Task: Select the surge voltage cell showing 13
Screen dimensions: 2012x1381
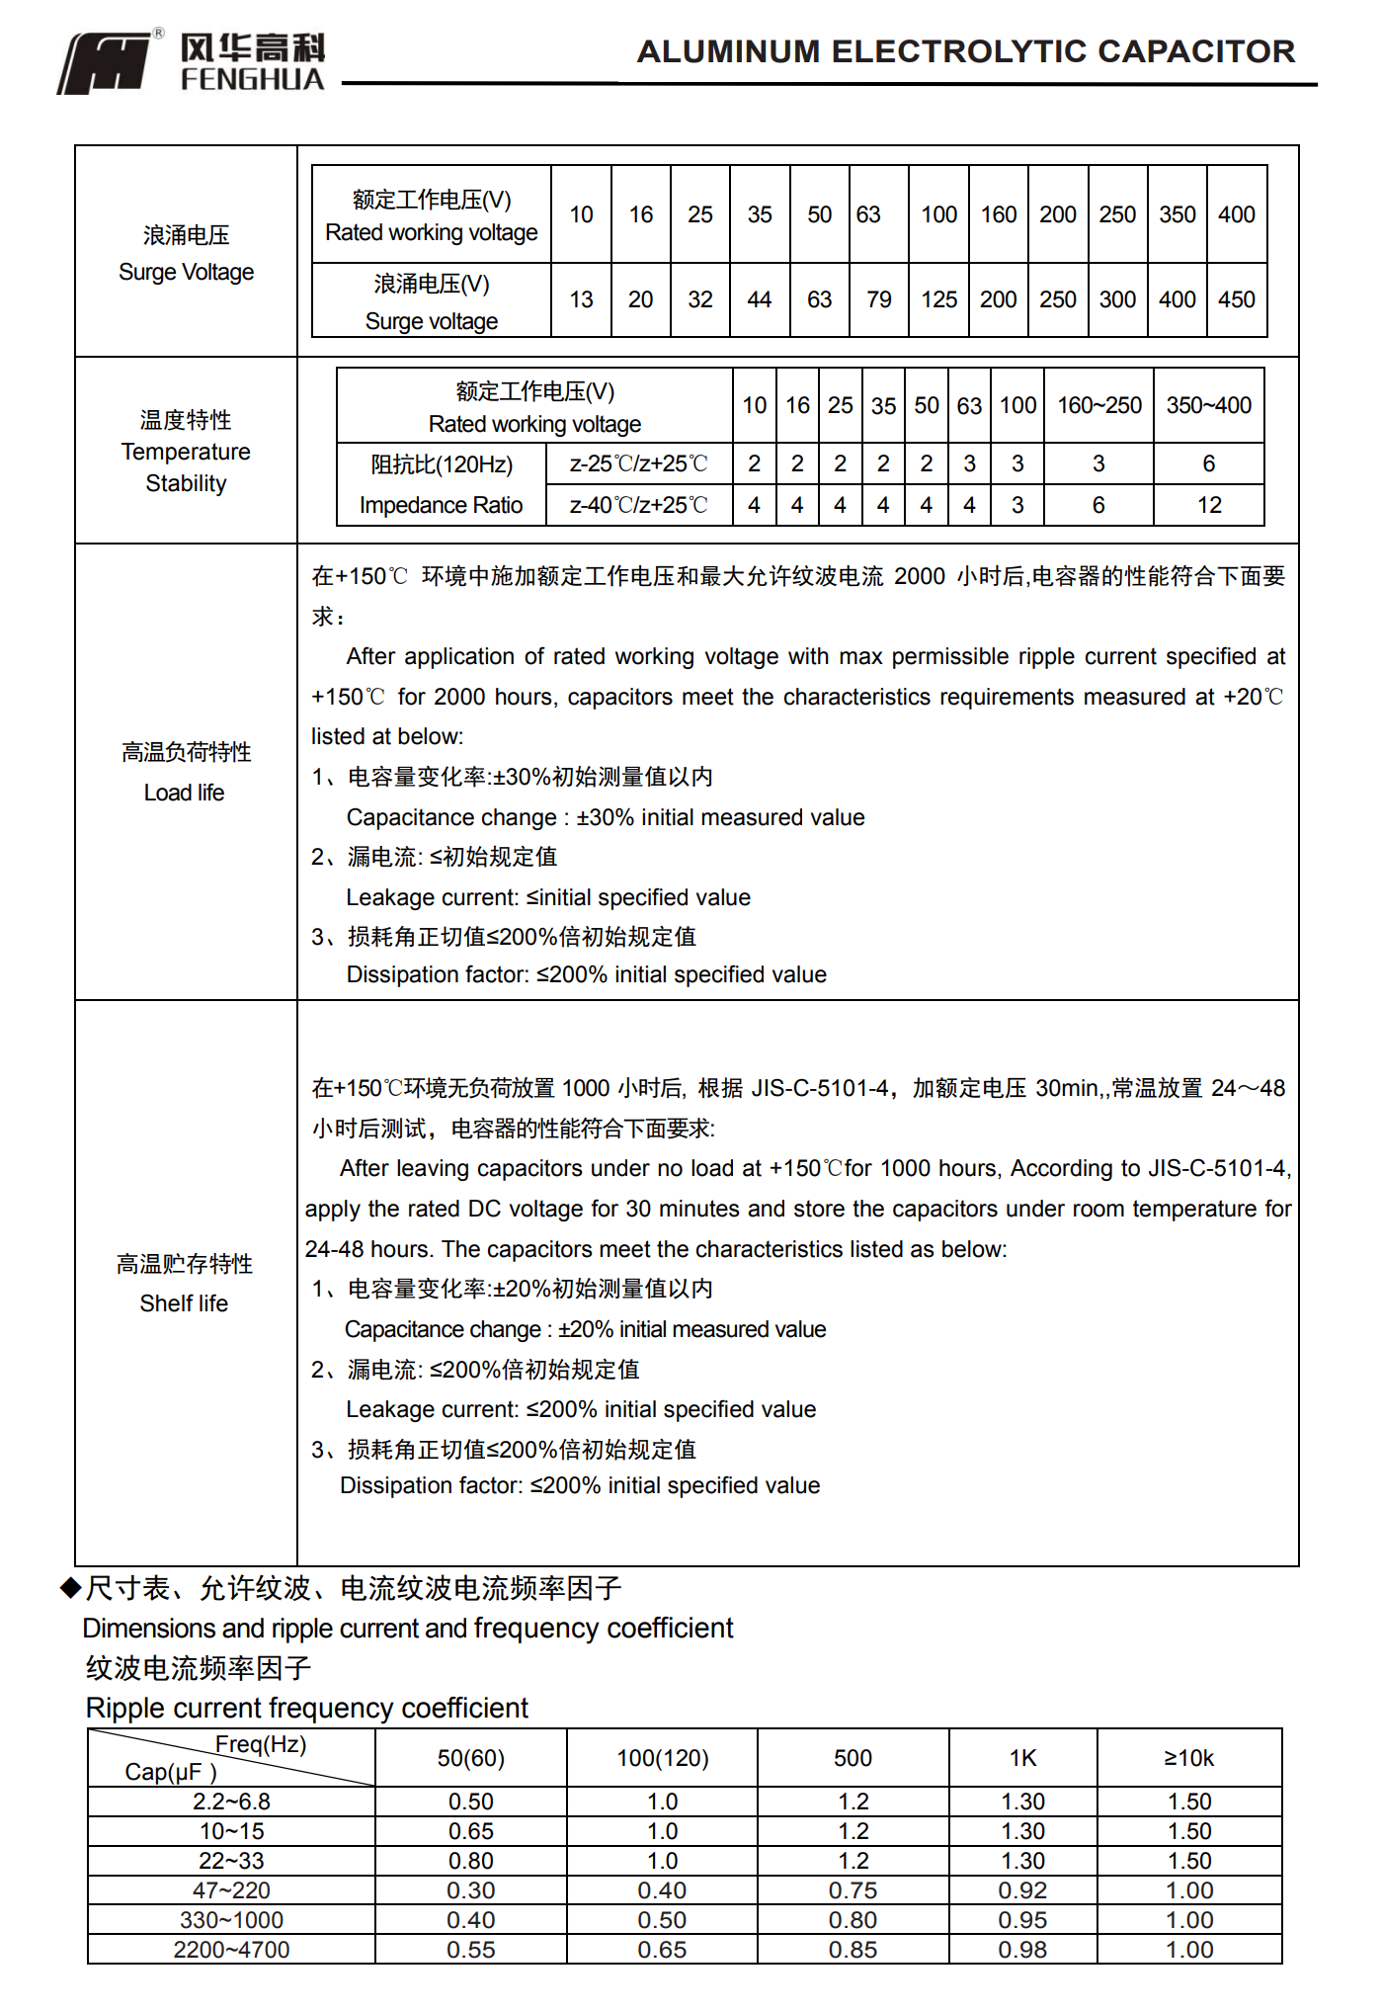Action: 581,299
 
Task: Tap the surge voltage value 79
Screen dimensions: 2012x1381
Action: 878,299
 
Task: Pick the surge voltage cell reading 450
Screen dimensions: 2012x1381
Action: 1236,299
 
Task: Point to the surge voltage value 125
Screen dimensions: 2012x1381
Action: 938,299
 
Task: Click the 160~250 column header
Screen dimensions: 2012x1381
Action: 1098,405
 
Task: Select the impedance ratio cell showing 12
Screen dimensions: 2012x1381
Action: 1209,505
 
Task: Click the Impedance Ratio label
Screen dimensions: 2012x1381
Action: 441,505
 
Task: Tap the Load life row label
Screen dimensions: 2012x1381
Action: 185,793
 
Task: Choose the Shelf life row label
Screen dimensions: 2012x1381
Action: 184,1303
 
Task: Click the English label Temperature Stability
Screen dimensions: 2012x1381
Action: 186,467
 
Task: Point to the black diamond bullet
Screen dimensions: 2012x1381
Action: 70,1587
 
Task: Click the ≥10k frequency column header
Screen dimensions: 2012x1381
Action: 1188,1758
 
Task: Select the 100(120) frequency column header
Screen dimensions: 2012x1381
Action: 662,1758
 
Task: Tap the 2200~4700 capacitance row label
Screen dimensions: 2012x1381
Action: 231,1950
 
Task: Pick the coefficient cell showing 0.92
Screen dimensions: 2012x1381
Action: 1022,1890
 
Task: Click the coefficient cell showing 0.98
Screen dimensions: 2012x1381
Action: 1022,1950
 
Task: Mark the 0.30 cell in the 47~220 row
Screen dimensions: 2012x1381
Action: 470,1890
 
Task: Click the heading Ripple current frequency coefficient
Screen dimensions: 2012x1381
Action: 306,1708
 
